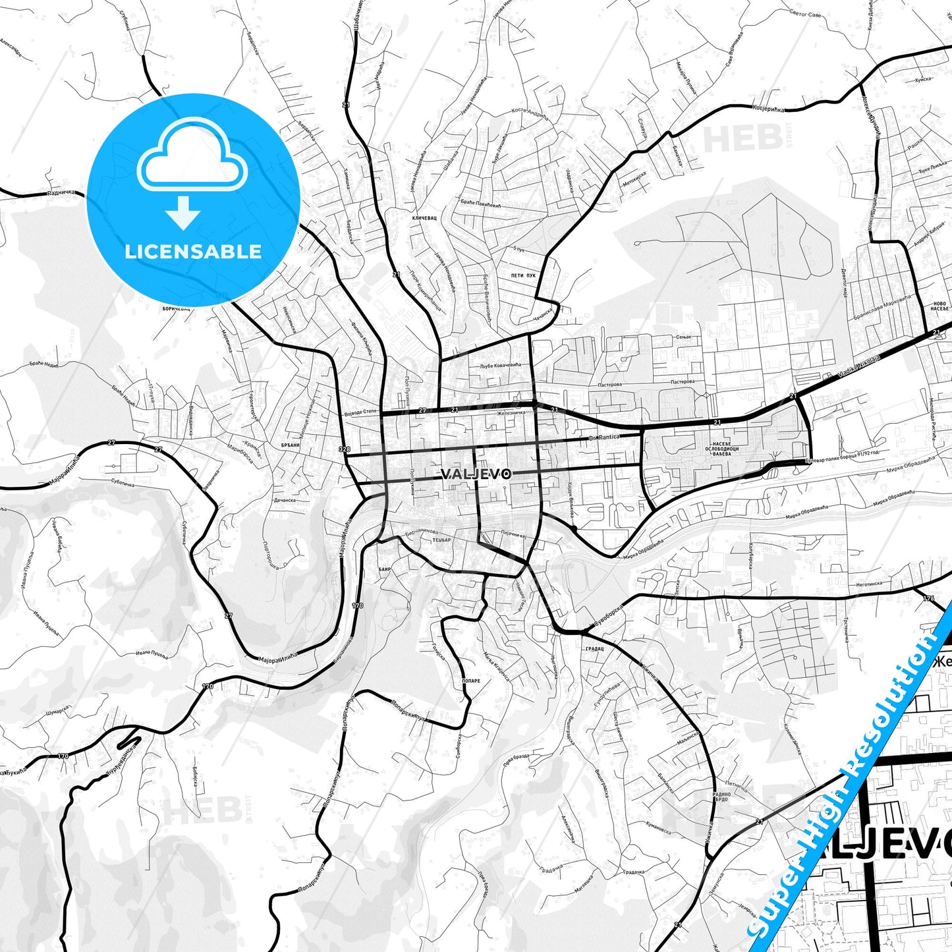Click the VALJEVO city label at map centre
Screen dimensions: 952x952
pos(476,474)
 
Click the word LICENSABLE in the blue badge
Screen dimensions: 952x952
pos(193,251)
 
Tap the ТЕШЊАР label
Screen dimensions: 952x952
pos(441,540)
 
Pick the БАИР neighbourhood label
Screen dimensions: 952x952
pos(385,569)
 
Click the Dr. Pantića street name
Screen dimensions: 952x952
pos(605,437)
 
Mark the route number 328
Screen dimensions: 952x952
pos(343,449)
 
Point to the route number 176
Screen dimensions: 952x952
pos(929,599)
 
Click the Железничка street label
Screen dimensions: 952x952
pos(511,414)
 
